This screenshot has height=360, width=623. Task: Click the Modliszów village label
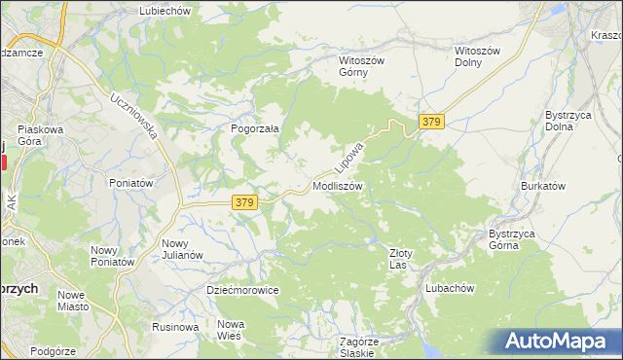pos(338,185)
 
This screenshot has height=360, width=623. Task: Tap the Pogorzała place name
pos(255,127)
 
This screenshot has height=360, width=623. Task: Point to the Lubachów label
pos(449,288)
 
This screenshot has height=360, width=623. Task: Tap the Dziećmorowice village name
pos(243,290)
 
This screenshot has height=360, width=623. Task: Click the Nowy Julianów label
pos(182,249)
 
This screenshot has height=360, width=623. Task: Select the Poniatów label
pos(131,183)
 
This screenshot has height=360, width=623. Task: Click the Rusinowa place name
pos(175,327)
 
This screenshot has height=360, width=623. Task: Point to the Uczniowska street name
pos(134,117)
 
